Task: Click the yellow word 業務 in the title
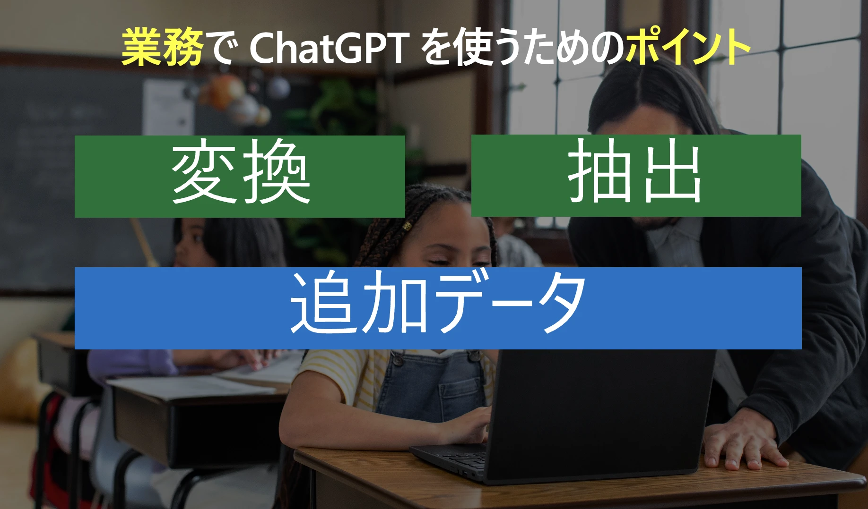(162, 47)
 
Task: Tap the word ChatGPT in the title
(328, 48)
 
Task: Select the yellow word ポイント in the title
(688, 47)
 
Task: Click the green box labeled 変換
(239, 176)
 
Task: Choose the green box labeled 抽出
(636, 176)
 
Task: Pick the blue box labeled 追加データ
(438, 308)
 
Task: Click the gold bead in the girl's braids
(407, 227)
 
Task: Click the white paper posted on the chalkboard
(168, 108)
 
